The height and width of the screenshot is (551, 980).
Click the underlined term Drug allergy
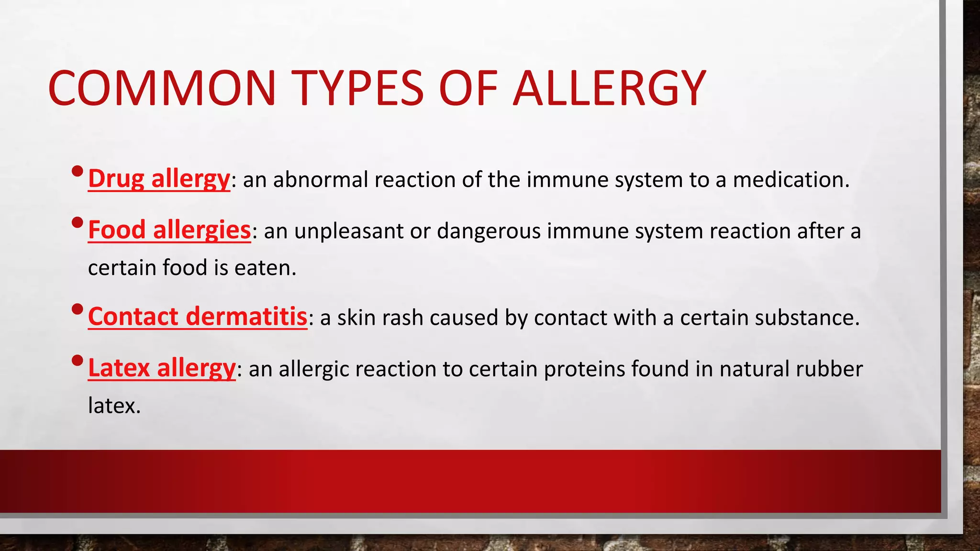(159, 179)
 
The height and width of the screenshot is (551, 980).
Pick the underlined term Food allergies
(169, 230)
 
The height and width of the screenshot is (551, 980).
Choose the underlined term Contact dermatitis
(198, 317)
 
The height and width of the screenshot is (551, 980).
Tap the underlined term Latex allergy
(162, 368)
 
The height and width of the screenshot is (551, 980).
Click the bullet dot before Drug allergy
(77, 171)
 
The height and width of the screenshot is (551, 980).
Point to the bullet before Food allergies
(77, 222)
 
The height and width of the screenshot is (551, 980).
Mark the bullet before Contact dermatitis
(77, 309)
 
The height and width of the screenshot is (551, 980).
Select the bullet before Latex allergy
(77, 360)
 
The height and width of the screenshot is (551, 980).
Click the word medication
(791, 180)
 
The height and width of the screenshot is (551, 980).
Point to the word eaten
(265, 268)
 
